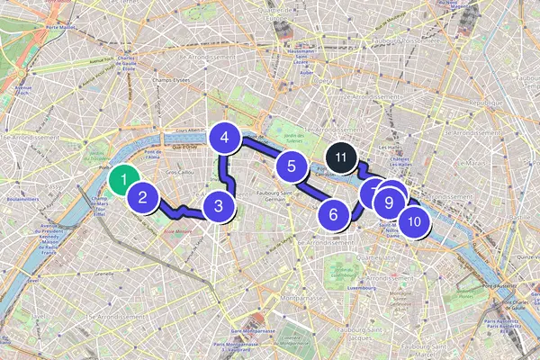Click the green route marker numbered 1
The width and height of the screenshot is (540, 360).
click(123, 179)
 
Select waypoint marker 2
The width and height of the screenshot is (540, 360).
click(143, 197)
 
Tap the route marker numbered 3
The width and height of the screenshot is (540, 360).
click(218, 205)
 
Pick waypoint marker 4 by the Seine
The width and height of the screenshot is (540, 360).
click(225, 139)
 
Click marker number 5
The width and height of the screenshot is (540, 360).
click(292, 166)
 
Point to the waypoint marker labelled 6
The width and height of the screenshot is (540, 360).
click(333, 214)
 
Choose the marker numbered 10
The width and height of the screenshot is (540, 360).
click(413, 220)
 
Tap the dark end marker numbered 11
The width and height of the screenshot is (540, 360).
click(340, 157)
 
